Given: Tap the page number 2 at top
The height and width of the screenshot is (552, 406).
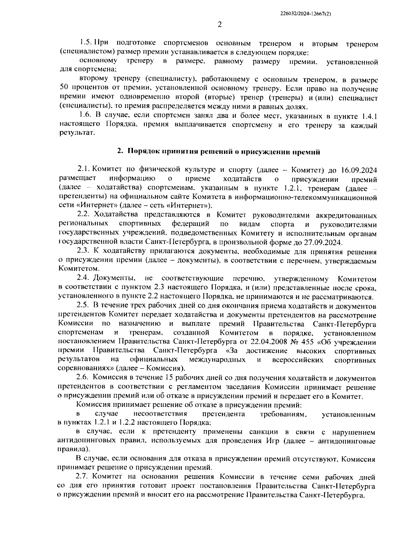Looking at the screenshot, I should tap(219, 25).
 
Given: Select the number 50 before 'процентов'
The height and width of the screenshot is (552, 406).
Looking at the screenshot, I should tap(64, 89).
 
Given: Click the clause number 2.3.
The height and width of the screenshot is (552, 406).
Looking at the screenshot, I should tap(83, 251).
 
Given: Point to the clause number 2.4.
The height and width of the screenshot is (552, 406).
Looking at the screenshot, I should tap(83, 279).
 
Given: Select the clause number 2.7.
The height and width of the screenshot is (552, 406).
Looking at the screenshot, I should tap(83, 477).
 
